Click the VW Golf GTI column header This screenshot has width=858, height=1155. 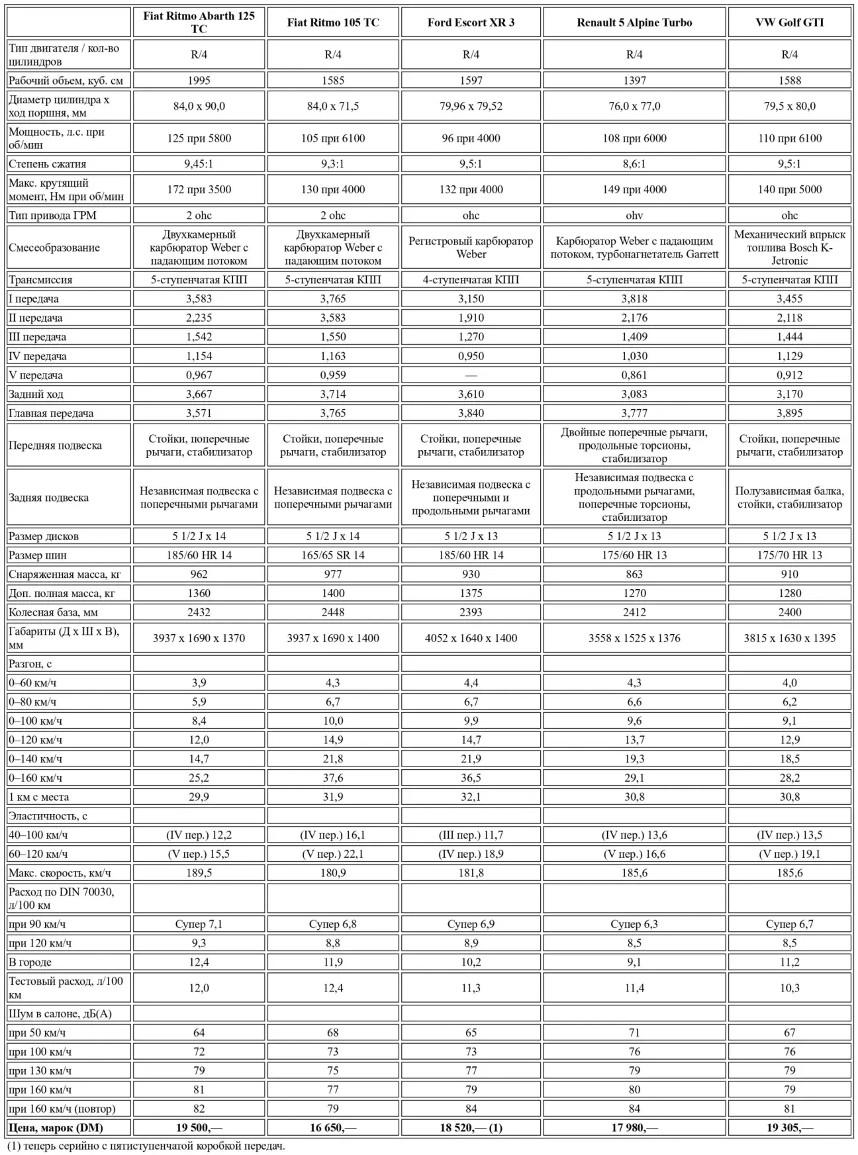[789, 23]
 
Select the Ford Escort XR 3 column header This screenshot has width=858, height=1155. [471, 23]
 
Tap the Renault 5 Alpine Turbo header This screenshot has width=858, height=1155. [634, 23]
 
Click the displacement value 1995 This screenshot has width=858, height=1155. [199, 80]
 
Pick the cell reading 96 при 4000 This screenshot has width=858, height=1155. [471, 138]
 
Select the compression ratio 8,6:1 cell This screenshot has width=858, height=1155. [634, 163]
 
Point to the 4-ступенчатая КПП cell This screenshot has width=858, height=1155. [471, 279]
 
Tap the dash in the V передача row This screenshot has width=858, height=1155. [471, 375]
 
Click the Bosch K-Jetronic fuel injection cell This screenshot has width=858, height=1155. [789, 248]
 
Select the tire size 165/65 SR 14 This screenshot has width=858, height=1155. [333, 555]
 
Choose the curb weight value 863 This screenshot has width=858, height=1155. [634, 574]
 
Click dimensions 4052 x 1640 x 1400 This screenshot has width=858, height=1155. [471, 638]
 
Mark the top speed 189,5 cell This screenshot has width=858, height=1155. [199, 872]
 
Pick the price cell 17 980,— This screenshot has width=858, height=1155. [634, 1127]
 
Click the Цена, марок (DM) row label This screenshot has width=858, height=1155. [56, 1127]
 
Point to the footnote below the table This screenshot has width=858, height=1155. [146, 1146]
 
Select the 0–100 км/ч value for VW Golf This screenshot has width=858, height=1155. [789, 721]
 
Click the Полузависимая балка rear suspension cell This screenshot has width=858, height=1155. [789, 497]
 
